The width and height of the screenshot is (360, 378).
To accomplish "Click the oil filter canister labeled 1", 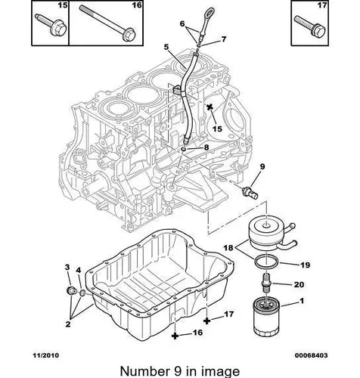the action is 266,317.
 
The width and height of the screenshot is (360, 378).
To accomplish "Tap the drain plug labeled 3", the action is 70,291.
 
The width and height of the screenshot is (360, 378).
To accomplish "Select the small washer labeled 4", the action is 82,293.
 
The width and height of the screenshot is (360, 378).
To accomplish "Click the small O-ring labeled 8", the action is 184,150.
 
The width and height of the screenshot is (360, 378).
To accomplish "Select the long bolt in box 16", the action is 108,22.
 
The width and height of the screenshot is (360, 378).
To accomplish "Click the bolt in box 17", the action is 310,26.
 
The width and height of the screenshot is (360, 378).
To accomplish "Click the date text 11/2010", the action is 46,355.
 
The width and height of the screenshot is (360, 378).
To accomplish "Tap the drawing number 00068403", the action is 312,355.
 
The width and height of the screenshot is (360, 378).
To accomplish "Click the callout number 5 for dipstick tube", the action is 166,47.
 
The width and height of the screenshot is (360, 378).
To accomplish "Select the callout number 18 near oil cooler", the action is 228,248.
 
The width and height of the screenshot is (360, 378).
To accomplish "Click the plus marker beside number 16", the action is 175,336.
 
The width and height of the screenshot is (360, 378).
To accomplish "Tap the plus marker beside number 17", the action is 206,321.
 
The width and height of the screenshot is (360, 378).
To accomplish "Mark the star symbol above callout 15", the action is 209,107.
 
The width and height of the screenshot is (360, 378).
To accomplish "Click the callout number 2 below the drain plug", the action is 68,324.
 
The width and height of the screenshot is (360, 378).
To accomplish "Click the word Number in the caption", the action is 144,371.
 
